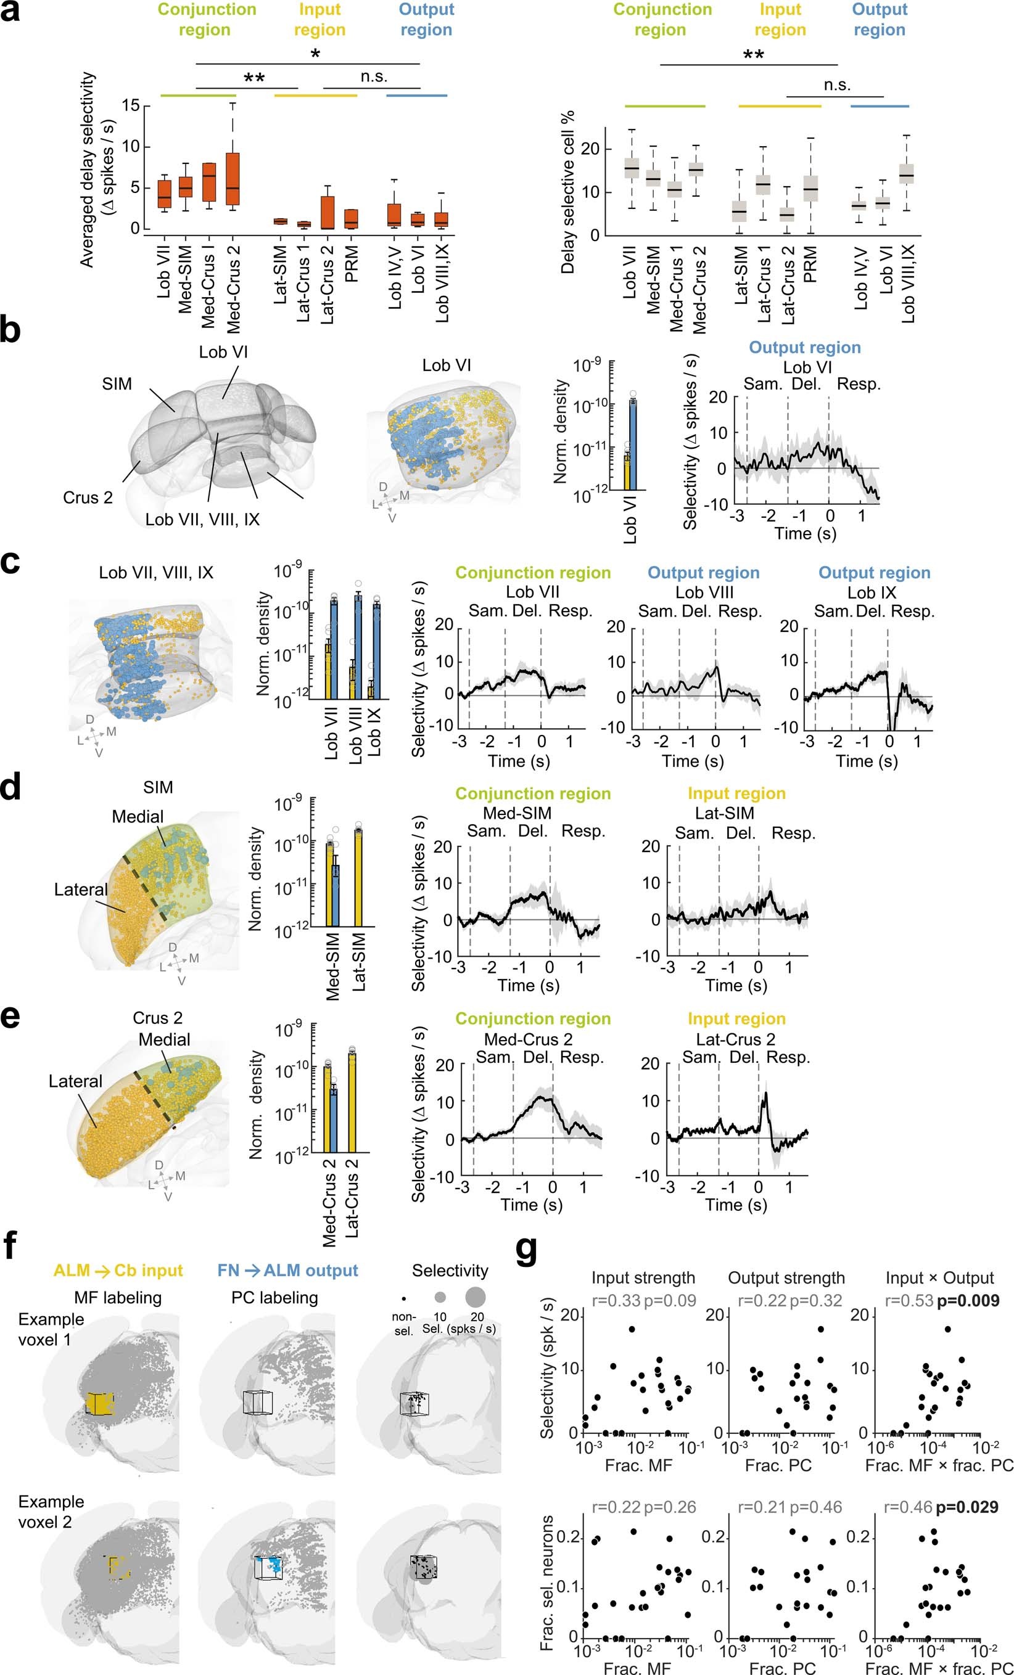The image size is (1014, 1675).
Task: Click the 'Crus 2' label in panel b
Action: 88,498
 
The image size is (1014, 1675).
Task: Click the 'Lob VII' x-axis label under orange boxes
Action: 164,272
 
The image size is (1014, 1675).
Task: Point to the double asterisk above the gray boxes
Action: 753,55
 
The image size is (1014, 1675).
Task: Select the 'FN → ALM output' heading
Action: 287,1271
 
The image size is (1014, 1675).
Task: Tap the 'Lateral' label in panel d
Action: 81,889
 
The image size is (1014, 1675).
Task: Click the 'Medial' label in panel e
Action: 164,1039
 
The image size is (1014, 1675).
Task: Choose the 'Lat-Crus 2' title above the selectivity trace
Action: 736,1039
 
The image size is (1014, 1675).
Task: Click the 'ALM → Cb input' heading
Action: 118,1271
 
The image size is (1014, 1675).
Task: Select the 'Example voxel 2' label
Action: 51,1512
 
